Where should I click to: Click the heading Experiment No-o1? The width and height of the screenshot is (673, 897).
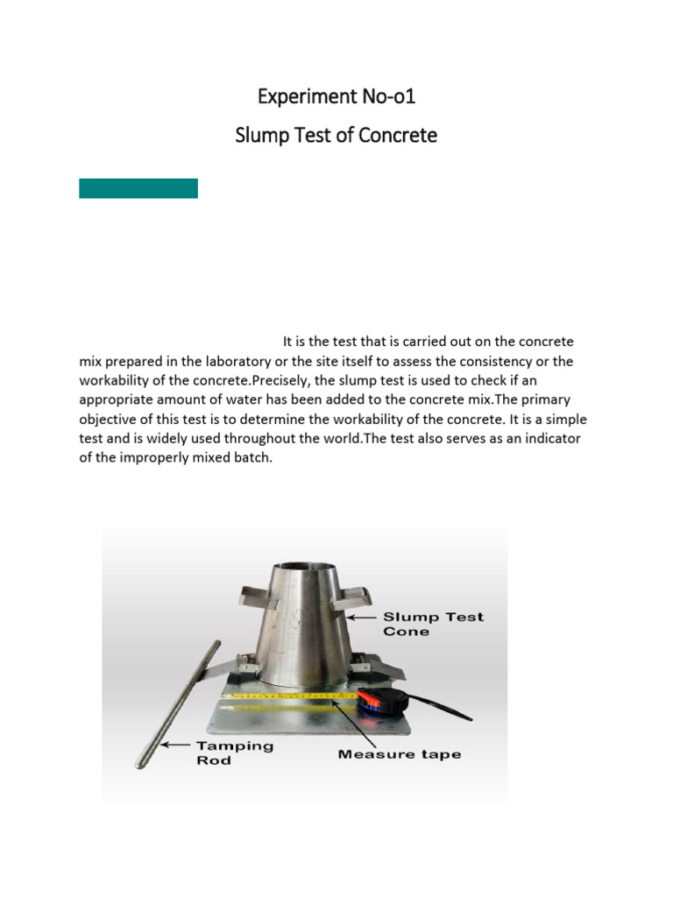[336, 95]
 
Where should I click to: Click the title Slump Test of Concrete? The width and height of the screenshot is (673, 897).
[336, 136]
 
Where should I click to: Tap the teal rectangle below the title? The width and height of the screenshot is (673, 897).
[138, 188]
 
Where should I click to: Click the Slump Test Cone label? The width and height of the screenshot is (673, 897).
[433, 624]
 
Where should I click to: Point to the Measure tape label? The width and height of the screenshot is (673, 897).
[399, 754]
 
